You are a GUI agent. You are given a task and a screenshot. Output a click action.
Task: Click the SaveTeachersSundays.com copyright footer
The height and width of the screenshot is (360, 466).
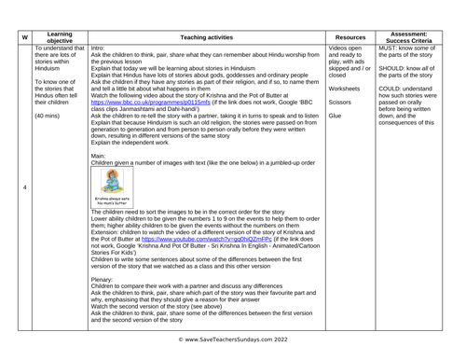point(233,352)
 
